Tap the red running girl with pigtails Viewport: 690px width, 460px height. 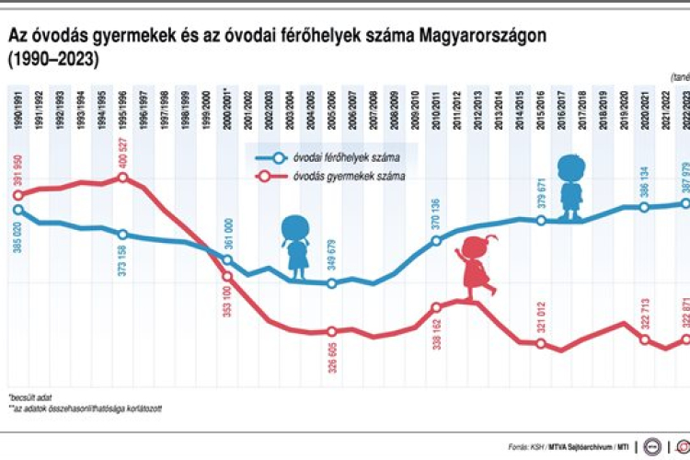(477, 267)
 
